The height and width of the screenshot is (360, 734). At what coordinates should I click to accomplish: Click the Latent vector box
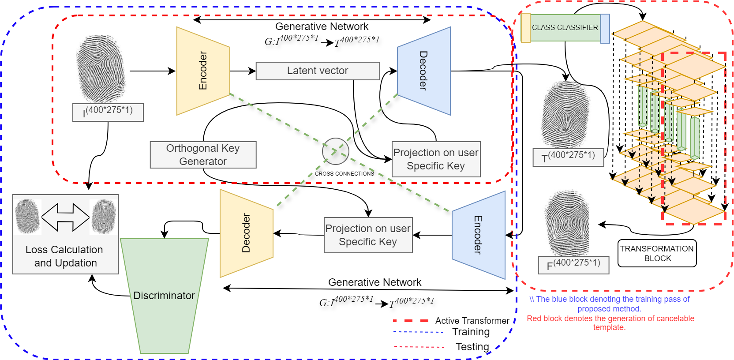click(318, 71)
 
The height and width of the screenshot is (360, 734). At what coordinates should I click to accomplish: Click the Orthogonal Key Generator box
click(203, 155)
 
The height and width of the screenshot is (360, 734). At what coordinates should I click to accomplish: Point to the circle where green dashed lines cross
click(336, 151)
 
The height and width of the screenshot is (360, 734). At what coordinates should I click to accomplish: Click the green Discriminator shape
click(164, 296)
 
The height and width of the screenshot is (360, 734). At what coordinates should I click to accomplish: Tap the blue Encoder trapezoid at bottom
click(479, 235)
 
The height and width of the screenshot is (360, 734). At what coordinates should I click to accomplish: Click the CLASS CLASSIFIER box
click(565, 27)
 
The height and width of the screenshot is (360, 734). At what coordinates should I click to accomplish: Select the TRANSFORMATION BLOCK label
click(657, 253)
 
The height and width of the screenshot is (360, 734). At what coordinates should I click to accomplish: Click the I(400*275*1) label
click(108, 112)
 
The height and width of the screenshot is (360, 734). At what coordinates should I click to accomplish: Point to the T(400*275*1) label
click(568, 157)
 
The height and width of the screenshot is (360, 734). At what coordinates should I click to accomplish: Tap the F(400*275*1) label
click(573, 265)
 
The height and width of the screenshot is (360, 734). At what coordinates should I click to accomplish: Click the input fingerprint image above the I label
click(101, 69)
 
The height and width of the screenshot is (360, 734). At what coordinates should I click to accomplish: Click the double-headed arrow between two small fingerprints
click(65, 217)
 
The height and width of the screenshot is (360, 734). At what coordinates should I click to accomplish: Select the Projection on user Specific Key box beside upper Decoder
click(436, 159)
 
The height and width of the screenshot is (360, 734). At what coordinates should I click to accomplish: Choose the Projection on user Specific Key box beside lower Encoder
click(368, 235)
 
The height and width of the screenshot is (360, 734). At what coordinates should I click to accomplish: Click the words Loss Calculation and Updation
click(65, 256)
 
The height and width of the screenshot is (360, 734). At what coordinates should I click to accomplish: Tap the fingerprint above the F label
click(567, 223)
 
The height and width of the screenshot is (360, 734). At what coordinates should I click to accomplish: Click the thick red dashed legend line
click(411, 321)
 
